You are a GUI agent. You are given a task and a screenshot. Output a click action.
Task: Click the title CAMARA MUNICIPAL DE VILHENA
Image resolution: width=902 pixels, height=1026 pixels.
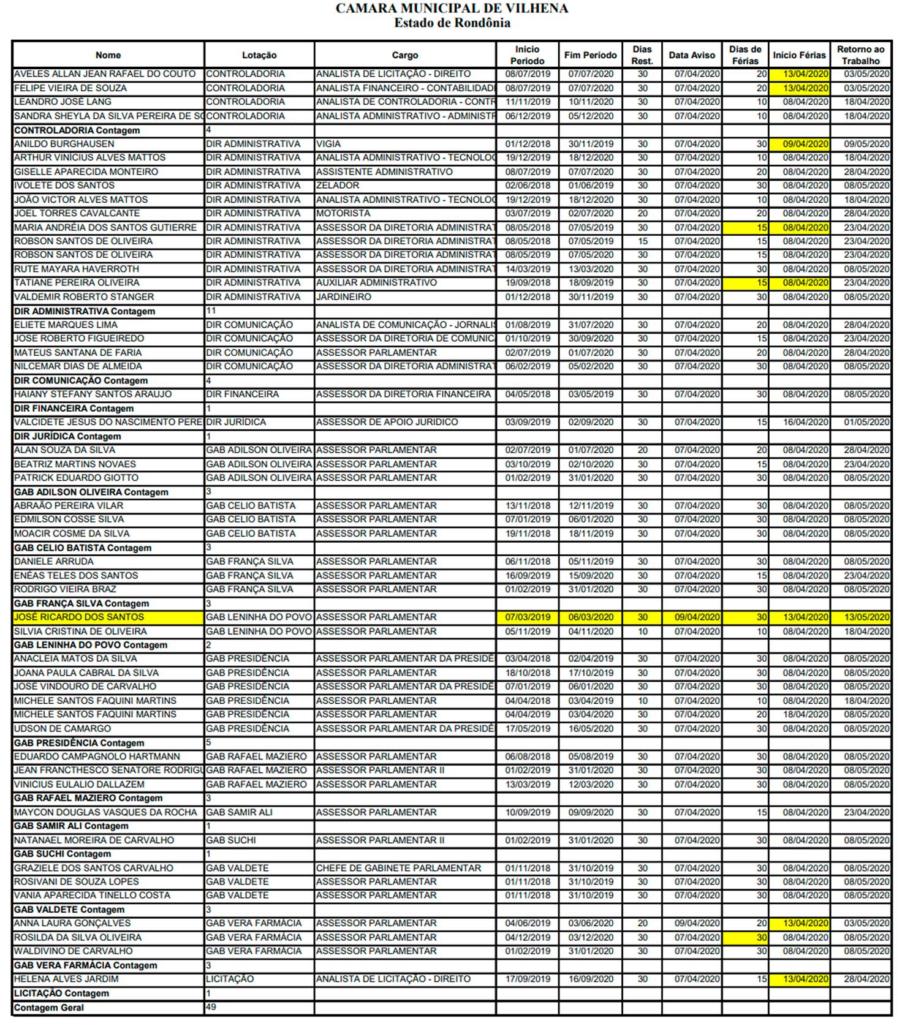(452, 9)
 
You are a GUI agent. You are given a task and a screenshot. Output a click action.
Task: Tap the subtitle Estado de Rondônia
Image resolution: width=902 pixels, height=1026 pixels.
(452, 23)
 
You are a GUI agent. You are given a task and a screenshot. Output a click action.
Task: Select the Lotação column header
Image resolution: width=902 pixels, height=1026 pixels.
(259, 55)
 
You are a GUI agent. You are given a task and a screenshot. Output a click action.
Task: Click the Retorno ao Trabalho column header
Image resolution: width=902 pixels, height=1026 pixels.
(860, 55)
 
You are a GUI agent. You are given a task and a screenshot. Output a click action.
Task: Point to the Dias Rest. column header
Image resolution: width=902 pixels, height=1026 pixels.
(642, 55)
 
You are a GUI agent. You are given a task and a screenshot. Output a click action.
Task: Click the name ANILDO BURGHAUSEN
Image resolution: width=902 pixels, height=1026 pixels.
(64, 144)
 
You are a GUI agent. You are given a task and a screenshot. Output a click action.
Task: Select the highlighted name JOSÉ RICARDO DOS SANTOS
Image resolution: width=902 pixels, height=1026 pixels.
(79, 617)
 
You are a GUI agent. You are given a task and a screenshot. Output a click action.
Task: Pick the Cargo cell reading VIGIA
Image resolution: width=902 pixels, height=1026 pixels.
(328, 144)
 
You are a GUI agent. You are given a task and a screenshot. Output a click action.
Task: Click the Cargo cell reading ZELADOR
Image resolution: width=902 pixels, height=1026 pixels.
(338, 186)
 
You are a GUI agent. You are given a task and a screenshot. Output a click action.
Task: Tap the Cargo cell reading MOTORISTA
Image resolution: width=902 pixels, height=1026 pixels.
(343, 213)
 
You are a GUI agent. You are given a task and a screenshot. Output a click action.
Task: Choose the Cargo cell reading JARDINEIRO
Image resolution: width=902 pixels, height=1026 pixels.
(344, 297)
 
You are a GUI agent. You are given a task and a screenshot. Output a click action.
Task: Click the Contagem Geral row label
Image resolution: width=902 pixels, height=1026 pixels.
(49, 1008)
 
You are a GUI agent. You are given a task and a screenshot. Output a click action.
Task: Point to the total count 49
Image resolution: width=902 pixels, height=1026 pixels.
(211, 1007)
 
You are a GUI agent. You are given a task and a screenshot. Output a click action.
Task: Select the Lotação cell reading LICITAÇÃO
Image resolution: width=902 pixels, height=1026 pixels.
(230, 979)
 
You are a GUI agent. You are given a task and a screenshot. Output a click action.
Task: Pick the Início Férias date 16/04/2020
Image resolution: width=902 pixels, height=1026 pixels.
(805, 422)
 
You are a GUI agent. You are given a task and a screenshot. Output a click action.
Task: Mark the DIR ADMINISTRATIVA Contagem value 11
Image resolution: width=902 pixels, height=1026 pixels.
(211, 311)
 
